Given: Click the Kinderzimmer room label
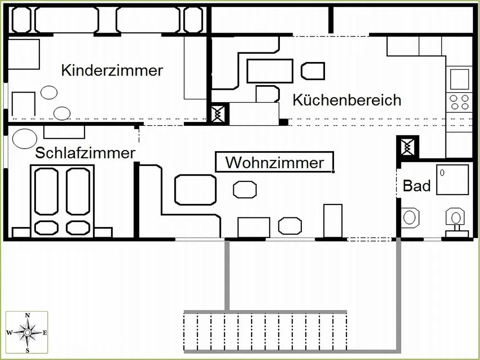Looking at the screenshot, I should point(112,71).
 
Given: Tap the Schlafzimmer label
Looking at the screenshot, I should point(85,153).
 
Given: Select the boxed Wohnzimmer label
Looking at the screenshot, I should point(274,162).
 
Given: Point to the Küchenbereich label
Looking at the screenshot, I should point(347,100).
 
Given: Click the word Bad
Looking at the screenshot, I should point(416,185).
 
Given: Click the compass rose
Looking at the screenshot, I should point(27,332).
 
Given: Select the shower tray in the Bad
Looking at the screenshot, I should point(452,180).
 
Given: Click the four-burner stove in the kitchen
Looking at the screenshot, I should point(459,102).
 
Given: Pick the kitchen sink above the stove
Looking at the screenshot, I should point(459,79).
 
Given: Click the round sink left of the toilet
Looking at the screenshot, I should point(409,217).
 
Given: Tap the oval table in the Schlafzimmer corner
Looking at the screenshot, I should point(24,139).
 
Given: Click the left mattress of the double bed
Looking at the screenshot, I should point(47,191).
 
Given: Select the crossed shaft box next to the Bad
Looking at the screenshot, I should point(408,146).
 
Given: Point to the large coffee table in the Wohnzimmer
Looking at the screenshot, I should point(195,190).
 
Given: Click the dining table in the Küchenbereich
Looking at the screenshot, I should point(269,71).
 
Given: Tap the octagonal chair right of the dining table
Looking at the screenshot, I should point(313,71).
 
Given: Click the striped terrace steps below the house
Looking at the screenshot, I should point(265,332).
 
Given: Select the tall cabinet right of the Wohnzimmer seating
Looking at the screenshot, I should point(333,220).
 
